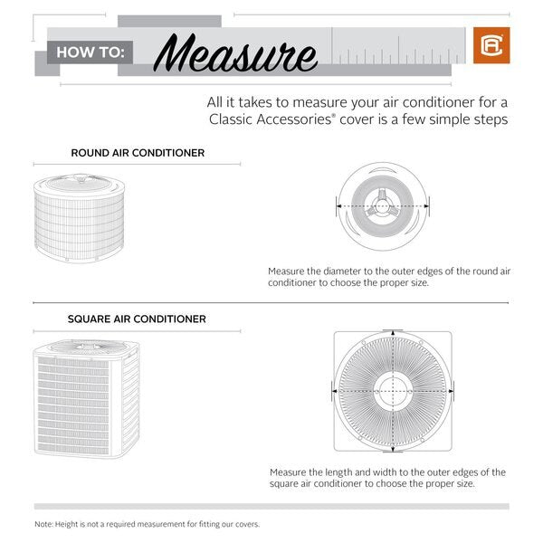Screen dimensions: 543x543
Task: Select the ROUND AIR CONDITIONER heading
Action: point(138,153)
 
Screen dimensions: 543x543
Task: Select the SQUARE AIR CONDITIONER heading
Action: point(137,319)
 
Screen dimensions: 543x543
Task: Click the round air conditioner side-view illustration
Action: point(80,217)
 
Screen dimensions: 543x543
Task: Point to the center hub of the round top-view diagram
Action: point(381,206)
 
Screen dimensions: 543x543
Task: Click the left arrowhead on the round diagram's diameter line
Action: point(339,206)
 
